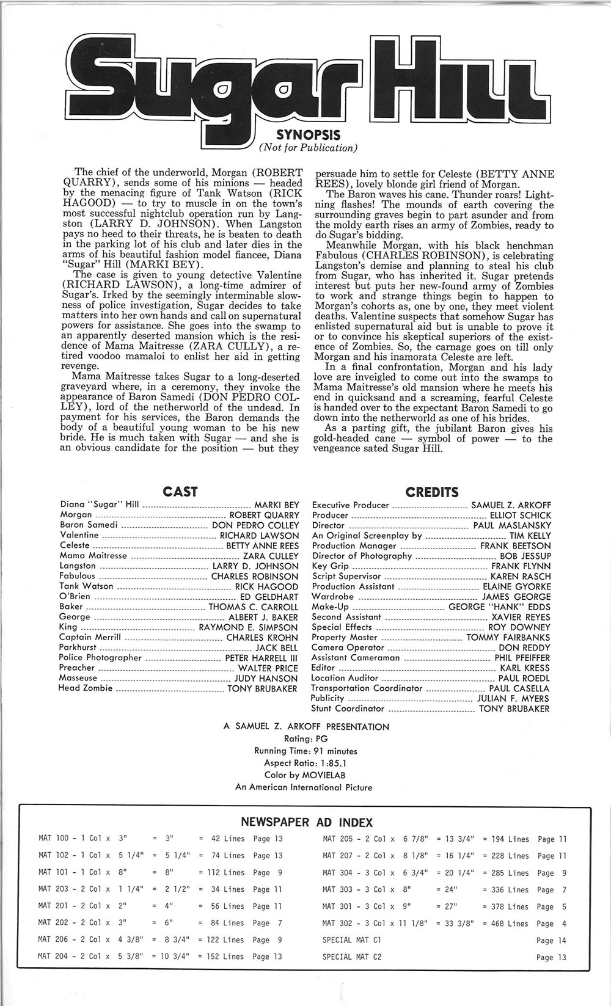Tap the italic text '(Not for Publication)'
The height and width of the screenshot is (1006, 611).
coord(308,148)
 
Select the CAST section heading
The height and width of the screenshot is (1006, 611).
coord(180,491)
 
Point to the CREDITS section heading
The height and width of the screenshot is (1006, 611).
coord(431,492)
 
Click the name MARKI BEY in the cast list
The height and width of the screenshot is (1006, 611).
coord(277,505)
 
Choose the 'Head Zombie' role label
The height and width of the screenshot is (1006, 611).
coord(86,688)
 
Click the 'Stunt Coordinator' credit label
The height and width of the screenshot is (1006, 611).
coord(348,709)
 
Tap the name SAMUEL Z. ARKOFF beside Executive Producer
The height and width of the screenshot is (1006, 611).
coord(511,505)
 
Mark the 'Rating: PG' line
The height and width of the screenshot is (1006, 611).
coord(306,738)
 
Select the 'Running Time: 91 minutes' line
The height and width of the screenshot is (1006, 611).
coord(305,751)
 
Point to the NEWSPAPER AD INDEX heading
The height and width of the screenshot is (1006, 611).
coord(307,822)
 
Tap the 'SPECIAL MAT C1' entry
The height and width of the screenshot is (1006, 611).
coord(352,941)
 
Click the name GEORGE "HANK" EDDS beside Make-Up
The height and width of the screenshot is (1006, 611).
coord(499,607)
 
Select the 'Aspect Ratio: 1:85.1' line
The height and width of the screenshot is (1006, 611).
coord(305,763)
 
